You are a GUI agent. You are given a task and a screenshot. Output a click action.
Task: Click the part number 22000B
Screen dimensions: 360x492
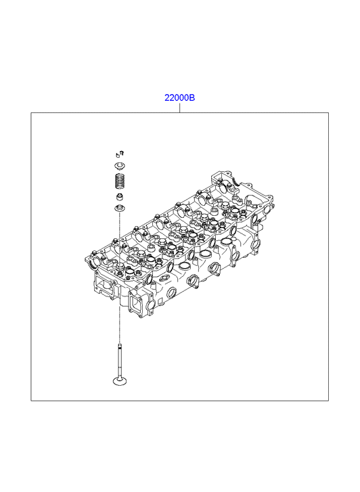coord(179,98)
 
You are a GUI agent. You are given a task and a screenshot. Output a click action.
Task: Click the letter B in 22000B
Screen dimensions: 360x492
coord(192,98)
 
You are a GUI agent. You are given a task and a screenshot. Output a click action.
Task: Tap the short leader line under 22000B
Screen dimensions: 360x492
coord(179,108)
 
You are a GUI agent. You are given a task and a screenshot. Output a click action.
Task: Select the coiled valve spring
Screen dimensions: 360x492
coord(119,181)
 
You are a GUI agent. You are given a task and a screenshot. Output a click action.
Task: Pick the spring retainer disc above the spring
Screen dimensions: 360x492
coord(119,165)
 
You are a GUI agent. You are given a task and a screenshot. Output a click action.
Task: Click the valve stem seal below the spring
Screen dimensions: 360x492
coord(120,198)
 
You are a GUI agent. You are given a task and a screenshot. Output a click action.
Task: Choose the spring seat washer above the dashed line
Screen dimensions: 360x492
coord(119,208)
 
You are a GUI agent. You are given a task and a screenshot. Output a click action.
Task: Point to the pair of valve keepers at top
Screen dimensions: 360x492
coord(120,154)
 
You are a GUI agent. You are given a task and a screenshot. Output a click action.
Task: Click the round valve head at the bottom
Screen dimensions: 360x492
coord(120,381)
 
